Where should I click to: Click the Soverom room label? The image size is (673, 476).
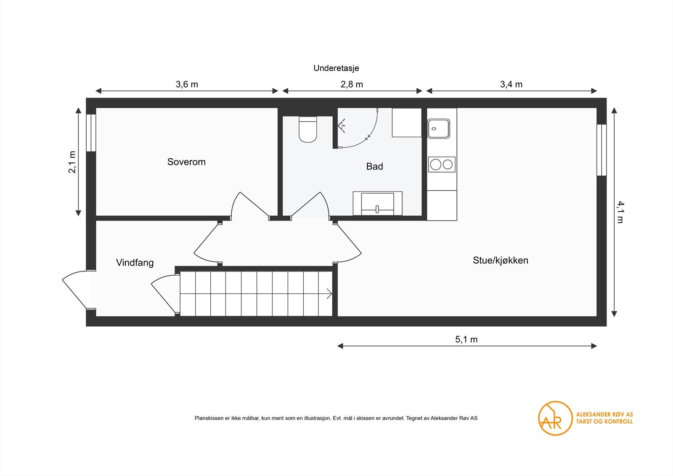point(186,162)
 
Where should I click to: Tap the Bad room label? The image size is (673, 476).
point(374,167)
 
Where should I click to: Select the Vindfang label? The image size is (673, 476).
point(135,263)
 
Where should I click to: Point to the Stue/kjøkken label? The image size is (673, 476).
point(500,261)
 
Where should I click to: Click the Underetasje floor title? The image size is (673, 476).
point(336,68)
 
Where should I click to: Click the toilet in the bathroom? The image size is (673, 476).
point(307,130)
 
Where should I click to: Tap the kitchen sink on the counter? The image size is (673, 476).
point(439,129)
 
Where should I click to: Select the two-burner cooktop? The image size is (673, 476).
point(442,164)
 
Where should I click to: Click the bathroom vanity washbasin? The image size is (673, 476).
point(377,204)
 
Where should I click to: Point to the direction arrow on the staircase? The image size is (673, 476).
point(329,294)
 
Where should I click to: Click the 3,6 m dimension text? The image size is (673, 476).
point(187,85)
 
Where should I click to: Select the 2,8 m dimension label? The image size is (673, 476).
point(352,85)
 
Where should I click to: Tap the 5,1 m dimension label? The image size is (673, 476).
point(466,340)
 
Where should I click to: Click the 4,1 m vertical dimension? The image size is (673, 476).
point(620,212)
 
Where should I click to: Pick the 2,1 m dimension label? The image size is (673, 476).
point(72,162)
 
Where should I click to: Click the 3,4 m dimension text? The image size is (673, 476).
point(511,85)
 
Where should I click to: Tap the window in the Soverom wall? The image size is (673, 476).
point(91,133)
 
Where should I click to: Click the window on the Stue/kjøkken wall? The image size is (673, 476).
point(602,150)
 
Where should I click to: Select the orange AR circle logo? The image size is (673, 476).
point(555,418)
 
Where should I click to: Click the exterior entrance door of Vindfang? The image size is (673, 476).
point(77,290)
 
